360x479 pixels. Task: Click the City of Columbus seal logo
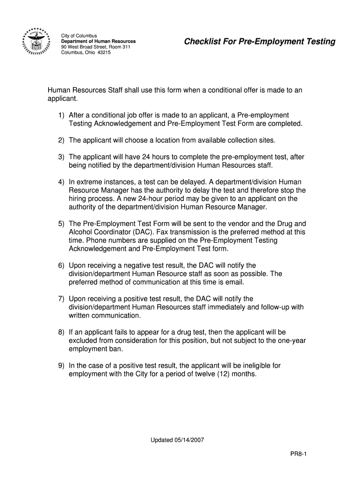click(36, 43)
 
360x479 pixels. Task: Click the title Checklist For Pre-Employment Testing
click(259, 42)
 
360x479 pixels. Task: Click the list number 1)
click(62, 115)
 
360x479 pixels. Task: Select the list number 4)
click(62, 181)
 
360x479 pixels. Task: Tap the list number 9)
click(62, 365)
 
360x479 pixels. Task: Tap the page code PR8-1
click(297, 454)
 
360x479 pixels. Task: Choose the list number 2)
click(62, 140)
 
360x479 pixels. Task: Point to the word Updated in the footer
click(160, 440)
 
